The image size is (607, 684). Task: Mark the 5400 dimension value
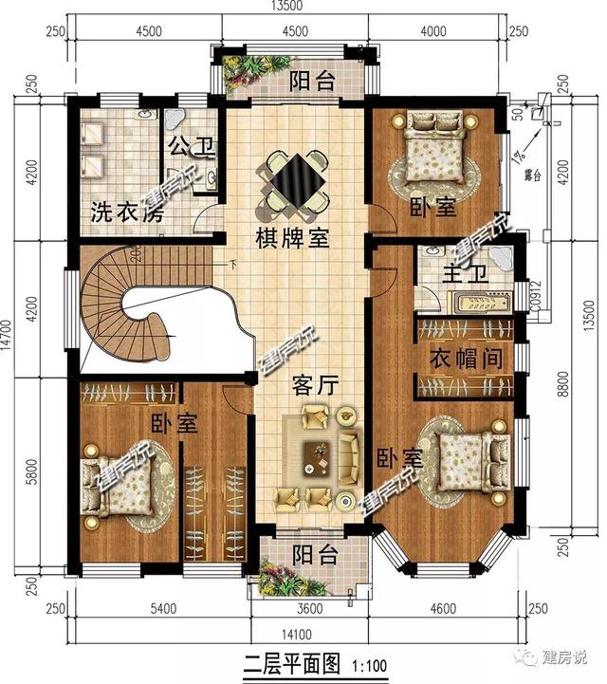tap(163, 608)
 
